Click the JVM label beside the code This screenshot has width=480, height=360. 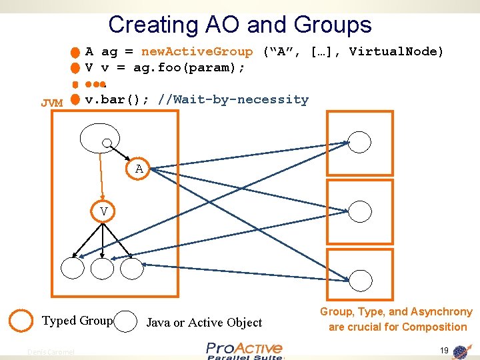(x=51, y=103)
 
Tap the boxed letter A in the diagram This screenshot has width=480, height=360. (x=139, y=169)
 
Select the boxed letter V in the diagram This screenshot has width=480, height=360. (x=103, y=211)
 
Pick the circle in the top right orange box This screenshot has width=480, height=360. (x=360, y=142)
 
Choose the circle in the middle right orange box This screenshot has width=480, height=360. (x=360, y=211)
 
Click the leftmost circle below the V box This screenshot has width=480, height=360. (x=72, y=267)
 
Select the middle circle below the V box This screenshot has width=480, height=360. (x=102, y=267)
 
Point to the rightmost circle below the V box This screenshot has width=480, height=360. (x=132, y=267)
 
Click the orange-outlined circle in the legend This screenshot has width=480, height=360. (x=22, y=321)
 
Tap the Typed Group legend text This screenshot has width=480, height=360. (x=77, y=321)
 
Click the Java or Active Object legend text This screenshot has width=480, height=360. (x=204, y=323)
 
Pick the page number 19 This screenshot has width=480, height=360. (x=444, y=350)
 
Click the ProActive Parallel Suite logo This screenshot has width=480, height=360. (x=244, y=351)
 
